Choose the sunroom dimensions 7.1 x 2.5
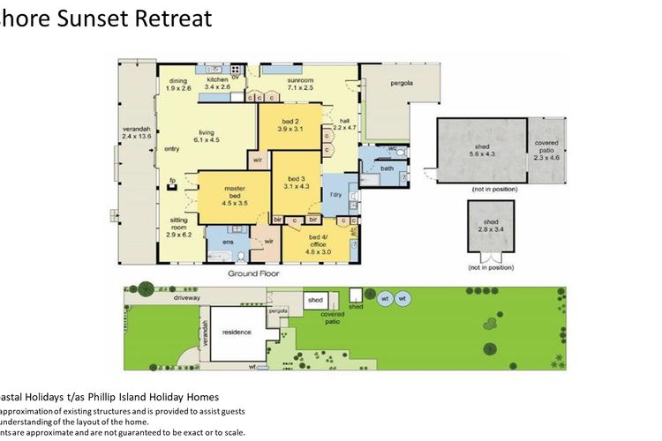[301, 87]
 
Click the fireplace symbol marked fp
[172, 183]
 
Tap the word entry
[171, 149]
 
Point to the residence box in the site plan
[237, 332]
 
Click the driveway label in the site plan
[187, 298]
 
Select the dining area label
[177, 84]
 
